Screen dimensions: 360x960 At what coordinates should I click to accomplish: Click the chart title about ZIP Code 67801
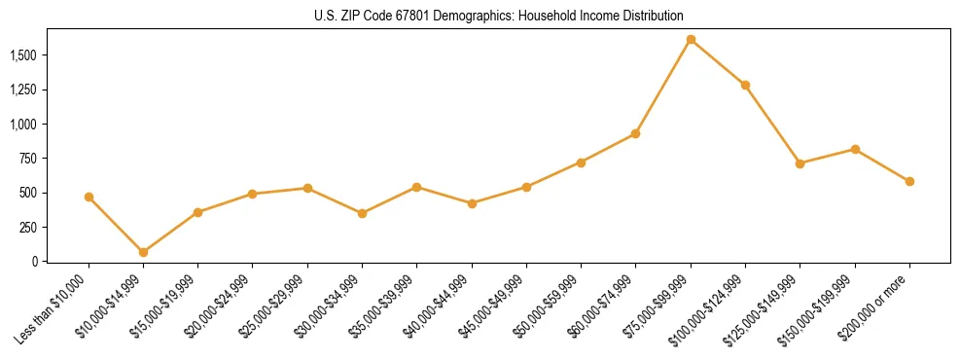499,16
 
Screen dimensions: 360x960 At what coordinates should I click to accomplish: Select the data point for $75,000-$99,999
691,40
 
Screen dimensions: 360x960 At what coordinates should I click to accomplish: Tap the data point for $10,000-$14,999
143,252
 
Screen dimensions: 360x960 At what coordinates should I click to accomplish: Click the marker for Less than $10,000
89,197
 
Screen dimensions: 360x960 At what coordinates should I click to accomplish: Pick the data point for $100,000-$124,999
745,85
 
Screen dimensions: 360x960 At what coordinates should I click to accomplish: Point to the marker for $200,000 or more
909,181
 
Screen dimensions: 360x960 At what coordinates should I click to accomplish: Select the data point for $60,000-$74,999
636,133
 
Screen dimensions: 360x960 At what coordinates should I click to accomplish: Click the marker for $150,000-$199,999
855,149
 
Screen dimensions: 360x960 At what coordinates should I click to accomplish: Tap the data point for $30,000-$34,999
362,213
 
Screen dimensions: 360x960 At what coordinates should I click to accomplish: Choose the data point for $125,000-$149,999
800,163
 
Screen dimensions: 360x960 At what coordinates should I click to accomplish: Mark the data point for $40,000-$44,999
472,203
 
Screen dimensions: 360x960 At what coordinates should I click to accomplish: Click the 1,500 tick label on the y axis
24,55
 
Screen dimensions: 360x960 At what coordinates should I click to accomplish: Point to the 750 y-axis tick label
29,159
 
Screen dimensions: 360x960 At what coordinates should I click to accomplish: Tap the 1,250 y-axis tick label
24,90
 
